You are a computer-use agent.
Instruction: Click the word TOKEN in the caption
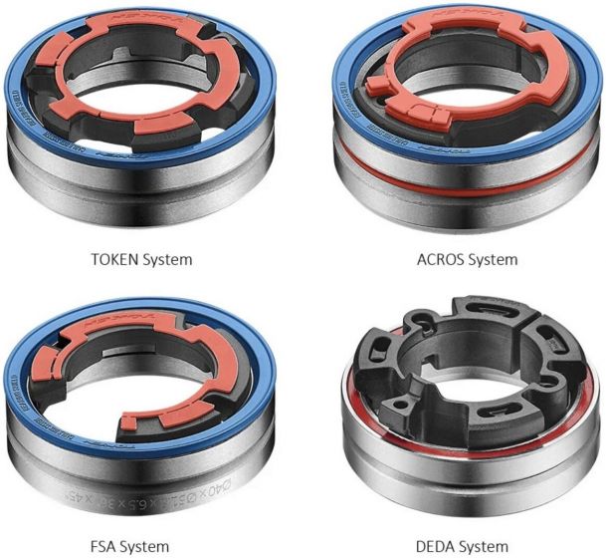(x=109, y=260)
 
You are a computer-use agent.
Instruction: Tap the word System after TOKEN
(x=165, y=260)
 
